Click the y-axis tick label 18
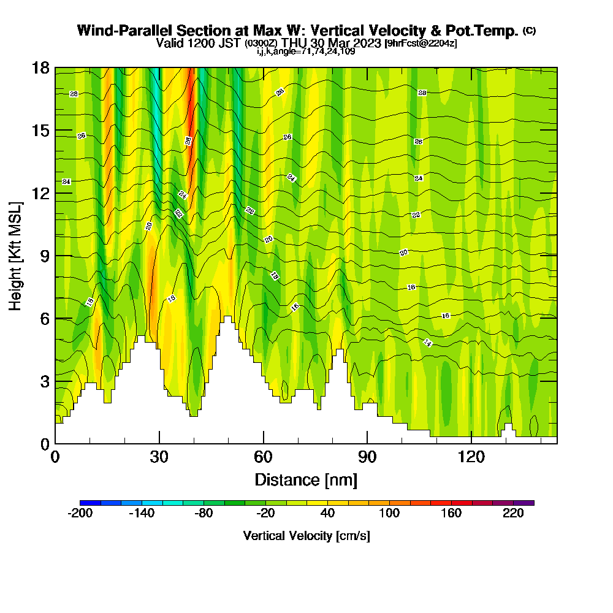click(x=40, y=67)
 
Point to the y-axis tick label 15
click(x=40, y=131)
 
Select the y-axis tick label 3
click(x=44, y=381)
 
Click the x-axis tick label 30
click(x=159, y=457)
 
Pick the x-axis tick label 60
click(x=264, y=457)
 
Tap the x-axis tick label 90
click(x=367, y=457)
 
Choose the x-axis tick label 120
click(x=471, y=457)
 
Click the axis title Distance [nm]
click(x=306, y=479)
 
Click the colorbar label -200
click(x=80, y=514)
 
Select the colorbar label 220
click(x=513, y=514)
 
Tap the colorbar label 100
click(x=389, y=514)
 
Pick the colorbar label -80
click(x=204, y=514)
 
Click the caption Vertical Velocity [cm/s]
click(x=306, y=536)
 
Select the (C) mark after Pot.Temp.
click(x=529, y=30)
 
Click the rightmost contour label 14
click(x=428, y=343)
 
